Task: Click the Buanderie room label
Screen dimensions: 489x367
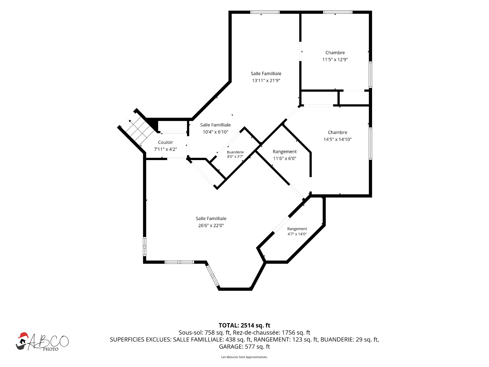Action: tap(235, 152)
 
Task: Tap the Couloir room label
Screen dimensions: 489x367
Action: tap(166, 142)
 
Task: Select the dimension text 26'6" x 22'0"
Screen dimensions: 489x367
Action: tap(211, 225)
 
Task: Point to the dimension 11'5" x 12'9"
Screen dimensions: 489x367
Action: tap(335, 60)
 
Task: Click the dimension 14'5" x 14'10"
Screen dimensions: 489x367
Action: tap(337, 139)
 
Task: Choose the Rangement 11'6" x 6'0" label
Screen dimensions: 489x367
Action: tap(285, 155)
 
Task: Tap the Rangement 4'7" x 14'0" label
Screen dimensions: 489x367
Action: tap(297, 231)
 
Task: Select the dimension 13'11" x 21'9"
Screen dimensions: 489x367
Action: tap(266, 81)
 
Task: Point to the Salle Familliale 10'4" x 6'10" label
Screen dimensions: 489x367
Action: tap(215, 128)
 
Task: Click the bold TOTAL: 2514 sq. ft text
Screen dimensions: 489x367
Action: tap(244, 325)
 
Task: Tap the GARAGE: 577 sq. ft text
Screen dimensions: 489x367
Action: tap(244, 347)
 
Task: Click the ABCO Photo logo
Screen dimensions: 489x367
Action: tap(42, 342)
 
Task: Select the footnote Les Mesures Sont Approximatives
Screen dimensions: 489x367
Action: tap(244, 357)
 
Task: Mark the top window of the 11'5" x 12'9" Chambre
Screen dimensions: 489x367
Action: tap(338, 12)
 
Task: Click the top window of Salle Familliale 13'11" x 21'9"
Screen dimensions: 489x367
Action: tap(265, 12)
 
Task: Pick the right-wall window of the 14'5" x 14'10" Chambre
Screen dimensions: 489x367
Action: tap(370, 143)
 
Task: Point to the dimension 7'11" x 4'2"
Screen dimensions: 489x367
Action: tap(166, 149)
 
